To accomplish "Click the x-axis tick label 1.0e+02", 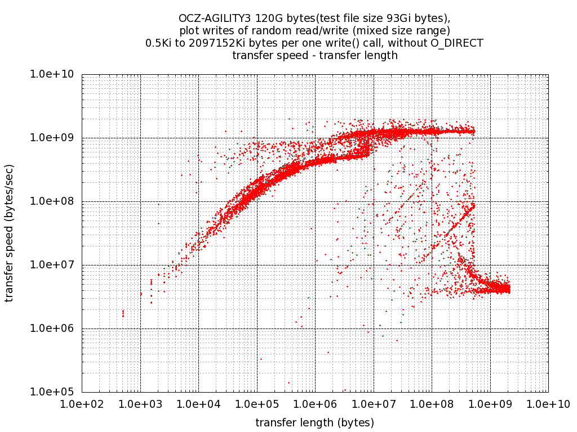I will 82,403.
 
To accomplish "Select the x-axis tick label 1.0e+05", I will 257,403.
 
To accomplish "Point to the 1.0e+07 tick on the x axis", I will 374,403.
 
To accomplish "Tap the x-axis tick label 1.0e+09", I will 490,403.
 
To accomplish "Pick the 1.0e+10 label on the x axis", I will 548,403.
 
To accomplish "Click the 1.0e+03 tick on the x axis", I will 140,403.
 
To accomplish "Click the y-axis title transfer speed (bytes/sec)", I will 10,233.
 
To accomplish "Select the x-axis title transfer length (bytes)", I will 315,422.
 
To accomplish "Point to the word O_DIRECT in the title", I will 459,43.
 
